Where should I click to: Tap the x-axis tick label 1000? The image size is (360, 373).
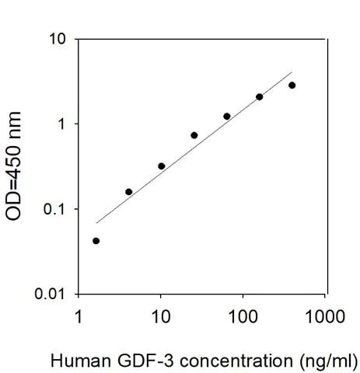click(x=325, y=318)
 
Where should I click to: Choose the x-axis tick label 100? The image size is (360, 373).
click(x=243, y=318)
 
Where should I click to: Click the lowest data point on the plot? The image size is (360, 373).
click(x=96, y=241)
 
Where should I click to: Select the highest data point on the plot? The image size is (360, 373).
click(x=292, y=85)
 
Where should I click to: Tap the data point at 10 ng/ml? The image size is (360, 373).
click(x=161, y=166)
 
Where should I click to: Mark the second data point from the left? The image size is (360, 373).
click(x=128, y=192)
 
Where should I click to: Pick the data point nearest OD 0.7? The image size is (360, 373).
click(x=194, y=135)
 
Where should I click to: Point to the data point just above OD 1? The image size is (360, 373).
click(x=226, y=117)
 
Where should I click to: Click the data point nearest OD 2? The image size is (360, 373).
click(x=259, y=97)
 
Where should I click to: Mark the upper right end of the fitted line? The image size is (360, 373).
click(x=292, y=71)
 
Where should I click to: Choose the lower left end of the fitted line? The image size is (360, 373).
click(x=96, y=224)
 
